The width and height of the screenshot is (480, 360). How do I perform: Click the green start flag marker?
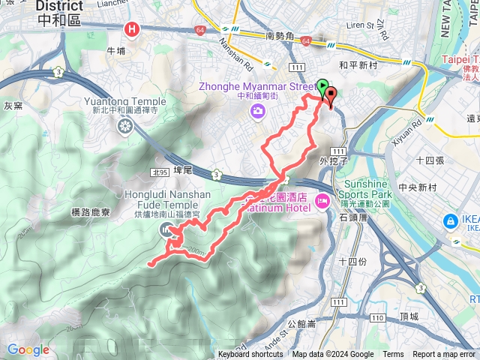point(323,86)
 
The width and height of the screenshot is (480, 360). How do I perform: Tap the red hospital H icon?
point(132,30)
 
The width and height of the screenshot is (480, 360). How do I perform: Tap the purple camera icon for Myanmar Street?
point(258,112)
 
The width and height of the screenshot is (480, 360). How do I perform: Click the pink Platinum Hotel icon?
point(322,201)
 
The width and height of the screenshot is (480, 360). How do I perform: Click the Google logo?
point(28,349)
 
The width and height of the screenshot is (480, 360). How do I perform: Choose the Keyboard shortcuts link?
point(250,355)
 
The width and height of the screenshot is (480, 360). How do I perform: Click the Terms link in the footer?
point(393,355)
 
